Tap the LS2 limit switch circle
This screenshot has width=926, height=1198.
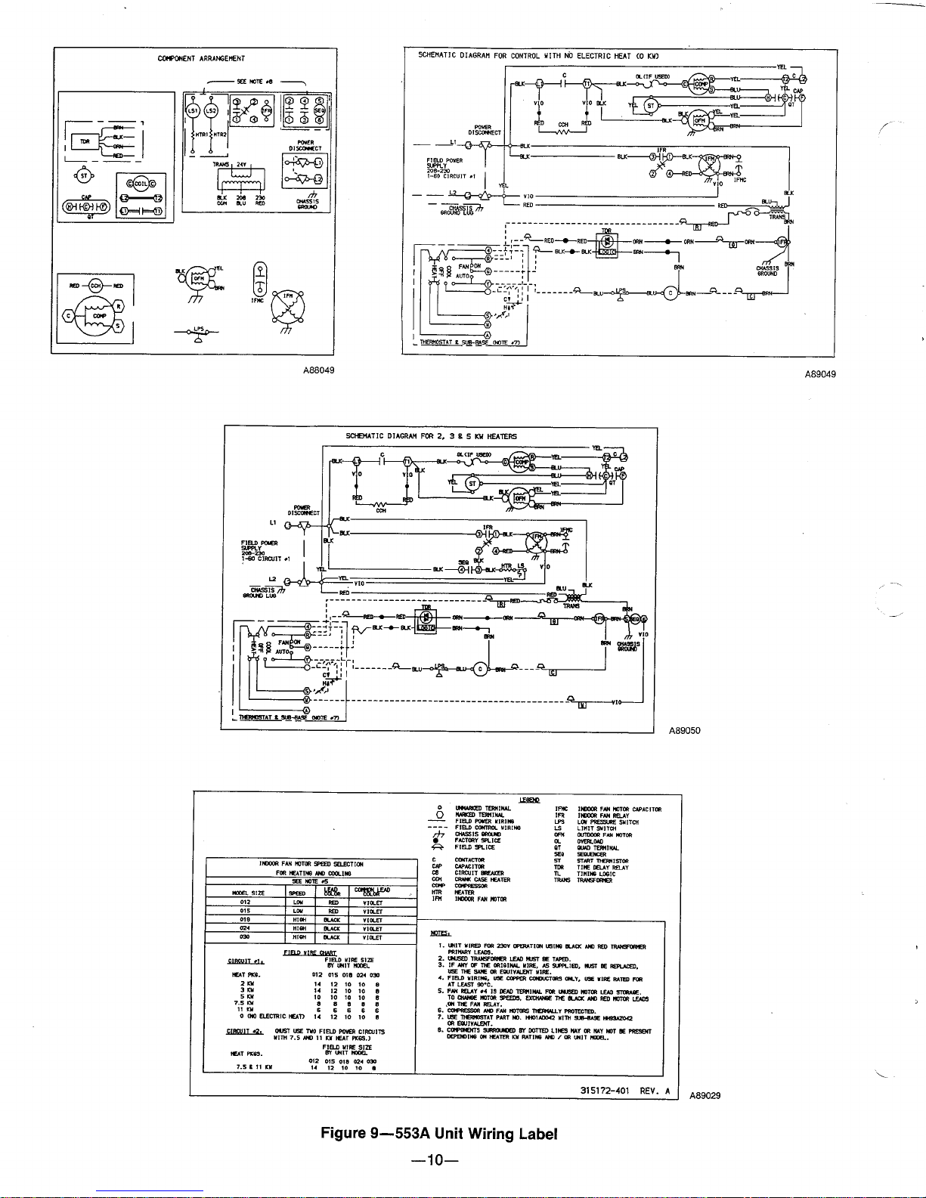point(211,112)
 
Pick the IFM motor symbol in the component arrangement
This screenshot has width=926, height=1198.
point(286,304)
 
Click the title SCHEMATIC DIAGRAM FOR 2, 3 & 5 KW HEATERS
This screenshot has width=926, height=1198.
point(431,436)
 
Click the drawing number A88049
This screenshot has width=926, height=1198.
point(320,370)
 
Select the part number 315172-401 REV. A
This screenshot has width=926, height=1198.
point(625,1091)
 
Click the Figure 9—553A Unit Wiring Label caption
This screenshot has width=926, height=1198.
point(438,1134)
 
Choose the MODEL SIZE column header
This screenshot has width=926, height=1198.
point(248,893)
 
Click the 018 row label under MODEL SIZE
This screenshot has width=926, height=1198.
point(245,920)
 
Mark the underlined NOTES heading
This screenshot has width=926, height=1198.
point(441,932)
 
